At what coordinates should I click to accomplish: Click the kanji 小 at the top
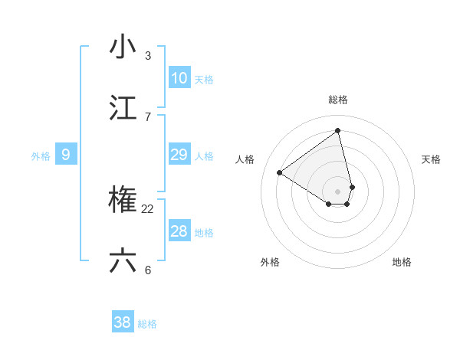123,47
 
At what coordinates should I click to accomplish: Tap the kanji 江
123,108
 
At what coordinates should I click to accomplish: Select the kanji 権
123,201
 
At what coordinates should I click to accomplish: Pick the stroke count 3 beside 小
148,56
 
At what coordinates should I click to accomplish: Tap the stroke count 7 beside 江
148,117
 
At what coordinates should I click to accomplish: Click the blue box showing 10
179,78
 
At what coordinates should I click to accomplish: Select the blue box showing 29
179,155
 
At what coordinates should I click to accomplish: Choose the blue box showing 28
179,231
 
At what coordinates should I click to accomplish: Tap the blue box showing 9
66,155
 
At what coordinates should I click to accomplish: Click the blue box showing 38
122,322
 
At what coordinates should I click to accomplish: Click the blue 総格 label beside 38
147,324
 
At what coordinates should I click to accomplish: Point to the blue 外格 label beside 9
41,156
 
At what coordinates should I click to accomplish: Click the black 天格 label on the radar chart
431,159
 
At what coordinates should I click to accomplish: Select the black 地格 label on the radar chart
402,262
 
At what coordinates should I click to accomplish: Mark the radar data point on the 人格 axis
279,172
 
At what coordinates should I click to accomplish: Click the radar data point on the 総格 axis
337,131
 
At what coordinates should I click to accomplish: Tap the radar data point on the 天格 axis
352,186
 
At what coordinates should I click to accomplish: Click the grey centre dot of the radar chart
337,191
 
